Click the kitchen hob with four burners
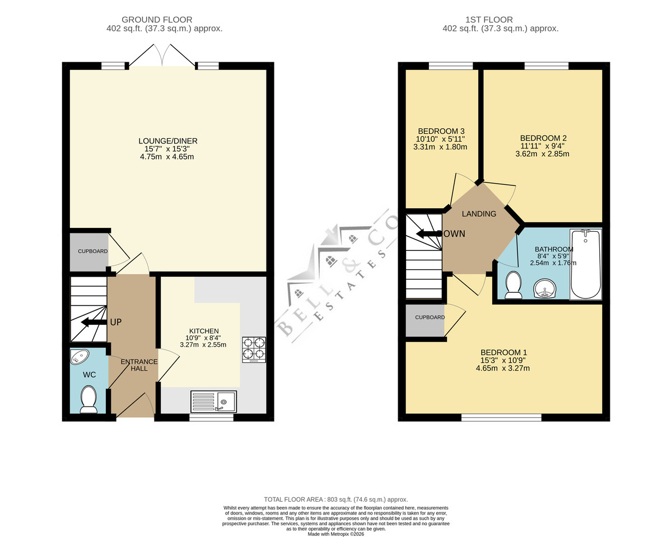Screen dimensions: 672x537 tap(254, 349)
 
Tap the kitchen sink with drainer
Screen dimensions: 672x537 tap(213, 401)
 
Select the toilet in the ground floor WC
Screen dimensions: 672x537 tap(88, 400)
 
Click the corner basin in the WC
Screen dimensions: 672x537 tap(79, 357)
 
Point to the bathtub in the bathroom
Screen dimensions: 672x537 tap(586, 264)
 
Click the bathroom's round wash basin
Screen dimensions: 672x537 tap(544, 288)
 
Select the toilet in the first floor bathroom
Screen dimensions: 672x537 tap(513, 284)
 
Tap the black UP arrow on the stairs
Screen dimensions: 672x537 tap(94, 322)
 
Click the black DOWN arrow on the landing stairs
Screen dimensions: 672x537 tap(430, 234)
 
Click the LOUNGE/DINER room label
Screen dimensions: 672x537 tap(168, 141)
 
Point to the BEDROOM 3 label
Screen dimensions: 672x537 tap(441, 131)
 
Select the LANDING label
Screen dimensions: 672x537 tap(479, 214)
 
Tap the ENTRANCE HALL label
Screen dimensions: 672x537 tap(139, 365)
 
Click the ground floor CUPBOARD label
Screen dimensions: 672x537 tap(93, 251)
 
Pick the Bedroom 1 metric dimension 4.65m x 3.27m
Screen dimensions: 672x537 tap(503, 368)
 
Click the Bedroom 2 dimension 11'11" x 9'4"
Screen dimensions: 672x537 tap(543, 146)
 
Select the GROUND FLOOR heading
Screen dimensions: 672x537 tap(157, 20)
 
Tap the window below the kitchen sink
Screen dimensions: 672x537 tap(212, 418)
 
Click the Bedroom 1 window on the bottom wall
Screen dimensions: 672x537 tap(502, 418)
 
